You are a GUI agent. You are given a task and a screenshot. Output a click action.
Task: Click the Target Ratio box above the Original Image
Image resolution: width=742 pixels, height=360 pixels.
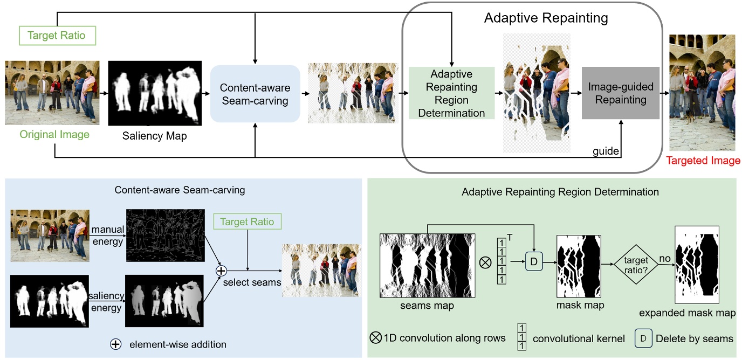pyautogui.click(x=57, y=36)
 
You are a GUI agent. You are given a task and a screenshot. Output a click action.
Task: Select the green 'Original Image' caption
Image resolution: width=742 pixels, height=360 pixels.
pyautogui.click(x=54, y=134)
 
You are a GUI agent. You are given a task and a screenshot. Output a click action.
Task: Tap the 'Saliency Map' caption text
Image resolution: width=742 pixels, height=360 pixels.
pyautogui.click(x=154, y=136)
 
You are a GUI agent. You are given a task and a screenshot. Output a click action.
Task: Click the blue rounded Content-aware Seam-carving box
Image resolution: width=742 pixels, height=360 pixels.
pyautogui.click(x=255, y=94)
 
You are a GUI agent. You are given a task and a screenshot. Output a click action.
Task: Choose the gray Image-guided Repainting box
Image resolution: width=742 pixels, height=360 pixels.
pyautogui.click(x=620, y=93)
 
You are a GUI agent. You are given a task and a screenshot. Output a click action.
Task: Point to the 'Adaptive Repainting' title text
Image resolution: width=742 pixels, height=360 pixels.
pyautogui.click(x=546, y=18)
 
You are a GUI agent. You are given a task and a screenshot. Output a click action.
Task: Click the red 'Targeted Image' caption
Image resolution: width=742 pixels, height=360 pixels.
pyautogui.click(x=703, y=161)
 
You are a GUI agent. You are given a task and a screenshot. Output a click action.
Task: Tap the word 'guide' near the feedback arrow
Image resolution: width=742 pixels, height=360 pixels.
pyautogui.click(x=606, y=151)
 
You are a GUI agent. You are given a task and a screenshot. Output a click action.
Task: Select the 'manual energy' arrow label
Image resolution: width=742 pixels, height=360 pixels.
pyautogui.click(x=108, y=236)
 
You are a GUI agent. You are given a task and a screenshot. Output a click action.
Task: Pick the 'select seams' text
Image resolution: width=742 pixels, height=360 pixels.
pyautogui.click(x=252, y=282)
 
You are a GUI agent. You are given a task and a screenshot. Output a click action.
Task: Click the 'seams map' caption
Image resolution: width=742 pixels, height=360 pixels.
pyautogui.click(x=427, y=306)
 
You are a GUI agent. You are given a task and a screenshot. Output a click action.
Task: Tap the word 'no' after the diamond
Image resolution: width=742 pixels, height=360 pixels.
pyautogui.click(x=665, y=259)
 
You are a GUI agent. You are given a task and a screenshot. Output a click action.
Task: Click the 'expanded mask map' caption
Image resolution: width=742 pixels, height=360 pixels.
pyautogui.click(x=688, y=313)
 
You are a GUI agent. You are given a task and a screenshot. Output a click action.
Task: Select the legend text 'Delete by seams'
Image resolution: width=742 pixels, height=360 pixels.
pyautogui.click(x=695, y=339)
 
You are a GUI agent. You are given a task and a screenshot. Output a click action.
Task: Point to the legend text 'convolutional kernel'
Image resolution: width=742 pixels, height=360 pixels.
pyautogui.click(x=579, y=339)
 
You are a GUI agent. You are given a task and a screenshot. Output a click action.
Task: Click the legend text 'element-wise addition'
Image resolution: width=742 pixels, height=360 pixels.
pyautogui.click(x=178, y=344)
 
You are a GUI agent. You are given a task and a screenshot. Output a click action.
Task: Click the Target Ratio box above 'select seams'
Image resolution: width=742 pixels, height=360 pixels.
pyautogui.click(x=247, y=221)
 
